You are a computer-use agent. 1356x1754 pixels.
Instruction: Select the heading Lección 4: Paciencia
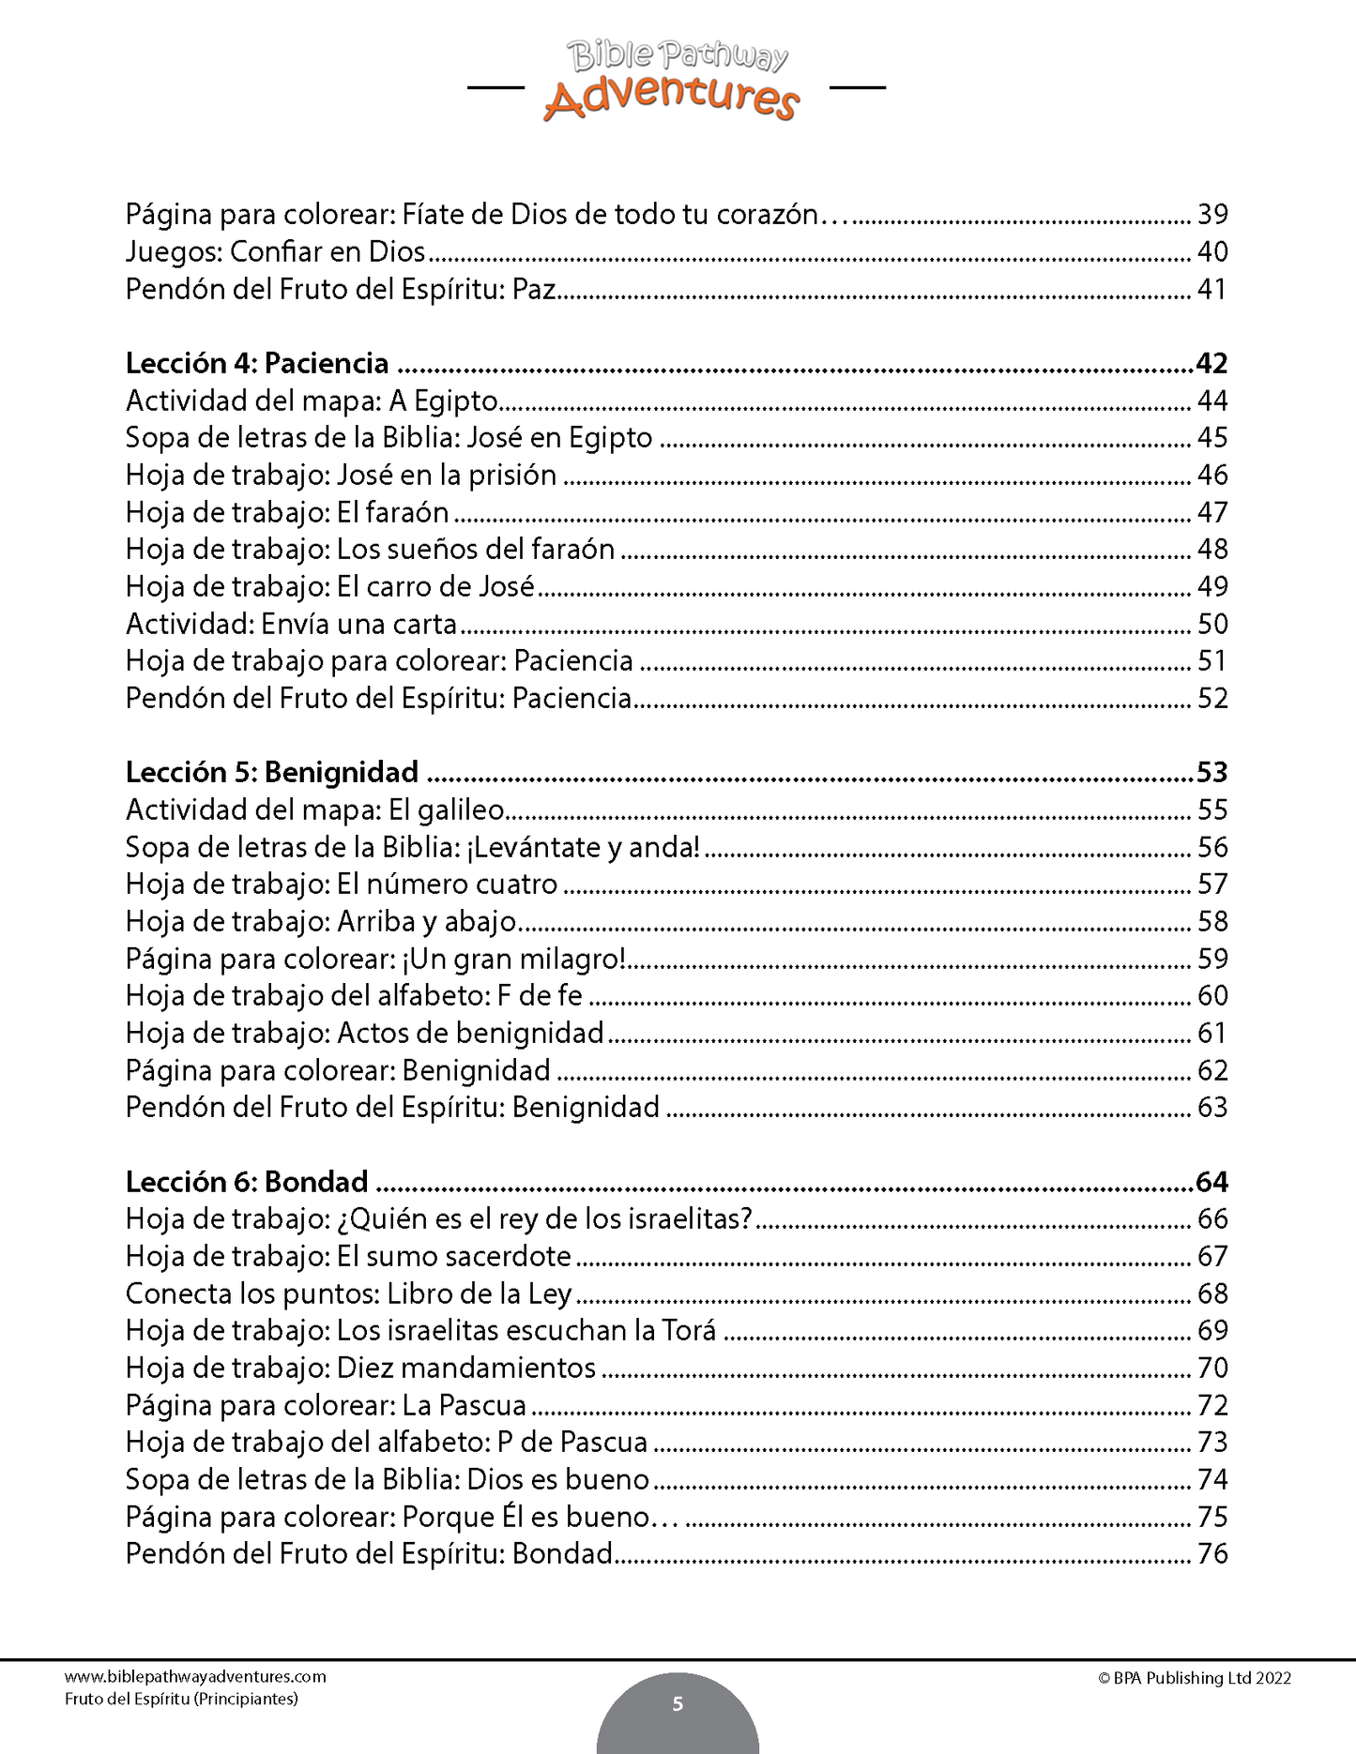click(257, 363)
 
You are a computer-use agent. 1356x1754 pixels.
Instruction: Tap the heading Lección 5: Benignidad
click(272, 772)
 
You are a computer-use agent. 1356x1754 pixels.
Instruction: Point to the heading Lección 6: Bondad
click(247, 1181)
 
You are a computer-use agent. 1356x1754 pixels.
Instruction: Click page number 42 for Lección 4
click(1211, 363)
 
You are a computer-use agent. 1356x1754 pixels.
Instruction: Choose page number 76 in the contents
click(1212, 1553)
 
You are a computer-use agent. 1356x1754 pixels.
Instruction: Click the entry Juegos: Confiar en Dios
click(276, 251)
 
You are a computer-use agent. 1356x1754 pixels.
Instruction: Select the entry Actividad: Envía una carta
click(291, 624)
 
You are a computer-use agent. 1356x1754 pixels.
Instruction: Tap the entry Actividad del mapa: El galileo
click(315, 809)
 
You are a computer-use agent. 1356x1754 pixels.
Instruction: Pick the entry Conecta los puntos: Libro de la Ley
click(348, 1293)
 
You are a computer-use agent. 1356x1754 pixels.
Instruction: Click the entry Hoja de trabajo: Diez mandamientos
click(360, 1368)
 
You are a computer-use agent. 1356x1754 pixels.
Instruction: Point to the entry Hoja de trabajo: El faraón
click(287, 512)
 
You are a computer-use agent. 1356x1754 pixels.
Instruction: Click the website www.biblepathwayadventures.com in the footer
click(195, 1677)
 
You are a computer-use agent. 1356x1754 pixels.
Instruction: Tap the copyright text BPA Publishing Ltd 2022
click(1194, 1678)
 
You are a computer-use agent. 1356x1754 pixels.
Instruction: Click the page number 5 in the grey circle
click(678, 1703)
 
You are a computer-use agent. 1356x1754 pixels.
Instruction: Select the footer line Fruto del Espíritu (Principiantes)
click(181, 1699)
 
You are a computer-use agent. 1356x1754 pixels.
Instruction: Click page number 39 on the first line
click(1212, 215)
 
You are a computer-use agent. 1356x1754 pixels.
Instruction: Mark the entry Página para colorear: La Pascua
click(326, 1405)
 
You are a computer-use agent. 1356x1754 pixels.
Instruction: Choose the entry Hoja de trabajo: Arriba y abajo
click(321, 921)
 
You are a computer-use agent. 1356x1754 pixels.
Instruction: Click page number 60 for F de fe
click(1212, 995)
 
